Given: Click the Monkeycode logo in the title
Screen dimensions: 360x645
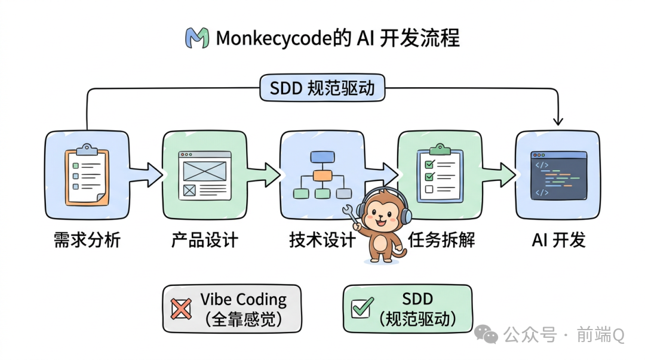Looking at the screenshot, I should (197, 38).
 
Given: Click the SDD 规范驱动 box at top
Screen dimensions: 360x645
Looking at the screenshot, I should (322, 89).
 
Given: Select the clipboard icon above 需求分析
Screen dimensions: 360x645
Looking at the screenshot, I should (87, 174).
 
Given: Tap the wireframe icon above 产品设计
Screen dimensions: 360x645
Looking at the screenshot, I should (205, 174).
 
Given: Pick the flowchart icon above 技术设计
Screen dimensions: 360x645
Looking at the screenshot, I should (322, 174).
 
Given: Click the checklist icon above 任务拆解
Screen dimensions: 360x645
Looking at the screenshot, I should (440, 174).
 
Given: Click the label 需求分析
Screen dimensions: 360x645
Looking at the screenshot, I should (87, 240).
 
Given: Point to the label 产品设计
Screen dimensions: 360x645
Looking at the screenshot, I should (205, 240).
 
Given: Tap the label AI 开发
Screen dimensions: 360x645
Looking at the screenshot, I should (558, 240).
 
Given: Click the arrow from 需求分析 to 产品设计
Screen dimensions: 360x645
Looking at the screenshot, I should (147, 174).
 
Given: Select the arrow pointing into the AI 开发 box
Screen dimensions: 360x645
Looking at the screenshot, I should (500, 174).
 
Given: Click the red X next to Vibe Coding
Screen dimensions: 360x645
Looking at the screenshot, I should (181, 309).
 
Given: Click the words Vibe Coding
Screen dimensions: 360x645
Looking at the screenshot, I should (243, 299).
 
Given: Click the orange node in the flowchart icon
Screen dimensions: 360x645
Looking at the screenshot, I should (322, 175).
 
